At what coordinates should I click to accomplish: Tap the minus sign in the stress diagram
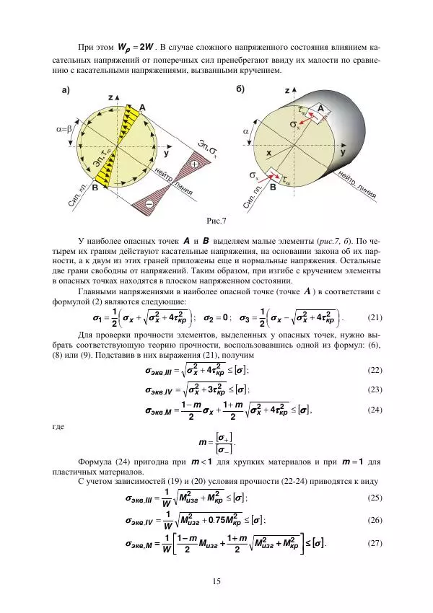coord(149,204)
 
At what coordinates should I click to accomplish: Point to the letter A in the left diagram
coord(142,107)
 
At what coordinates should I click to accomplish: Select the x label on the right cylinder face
coord(268,154)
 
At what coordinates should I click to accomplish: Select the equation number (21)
coord(375,317)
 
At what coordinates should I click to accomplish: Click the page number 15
coord(216,582)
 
